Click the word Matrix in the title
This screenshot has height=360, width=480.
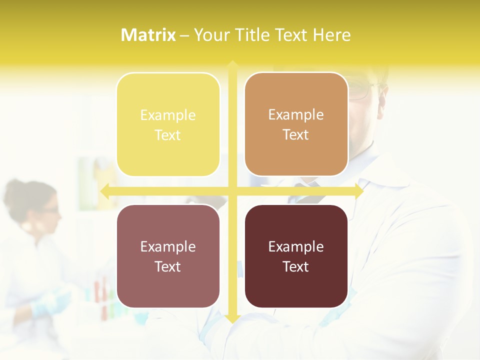(x=148, y=35)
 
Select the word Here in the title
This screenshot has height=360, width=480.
(x=331, y=35)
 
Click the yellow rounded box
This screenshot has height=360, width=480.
(x=168, y=124)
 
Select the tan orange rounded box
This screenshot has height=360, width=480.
(x=296, y=124)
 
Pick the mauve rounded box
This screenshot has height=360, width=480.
(x=168, y=256)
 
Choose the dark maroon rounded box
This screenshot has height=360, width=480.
(x=296, y=256)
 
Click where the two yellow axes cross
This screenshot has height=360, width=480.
(x=232, y=191)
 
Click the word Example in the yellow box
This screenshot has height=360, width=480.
(x=168, y=115)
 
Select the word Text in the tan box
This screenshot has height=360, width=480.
(x=296, y=135)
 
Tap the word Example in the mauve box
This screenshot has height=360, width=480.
(x=168, y=246)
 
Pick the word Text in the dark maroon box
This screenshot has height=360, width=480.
(x=296, y=266)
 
